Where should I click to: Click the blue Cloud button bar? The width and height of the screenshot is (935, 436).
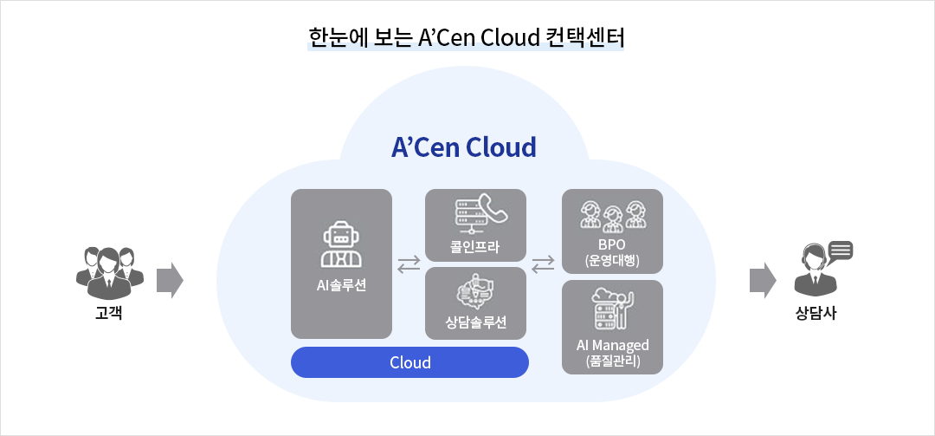pos(409,362)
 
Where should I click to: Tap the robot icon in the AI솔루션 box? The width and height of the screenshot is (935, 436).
pos(342,245)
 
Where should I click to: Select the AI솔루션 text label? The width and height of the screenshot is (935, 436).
pos(342,284)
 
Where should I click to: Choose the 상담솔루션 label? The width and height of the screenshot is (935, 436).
pos(475,323)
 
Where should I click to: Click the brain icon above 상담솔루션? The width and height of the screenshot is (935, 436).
pos(475,292)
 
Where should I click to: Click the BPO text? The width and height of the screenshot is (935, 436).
pos(613,244)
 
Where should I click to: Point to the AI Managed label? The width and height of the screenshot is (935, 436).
pos(613,345)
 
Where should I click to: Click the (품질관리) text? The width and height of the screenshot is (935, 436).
pos(613,361)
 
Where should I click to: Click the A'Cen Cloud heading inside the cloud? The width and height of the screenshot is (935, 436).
pos(464,147)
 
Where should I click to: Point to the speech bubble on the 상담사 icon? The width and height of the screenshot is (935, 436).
pos(841,252)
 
